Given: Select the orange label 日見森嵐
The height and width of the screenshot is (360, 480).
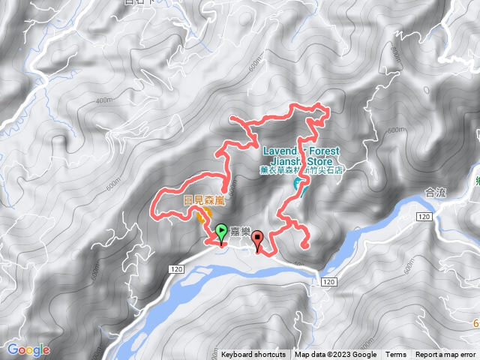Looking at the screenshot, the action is [204, 200].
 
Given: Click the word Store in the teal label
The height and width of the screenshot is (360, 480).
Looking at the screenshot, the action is [325, 160].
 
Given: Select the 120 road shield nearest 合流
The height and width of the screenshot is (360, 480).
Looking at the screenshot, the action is [424, 216].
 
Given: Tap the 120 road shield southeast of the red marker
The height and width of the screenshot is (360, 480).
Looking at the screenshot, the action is [328, 281].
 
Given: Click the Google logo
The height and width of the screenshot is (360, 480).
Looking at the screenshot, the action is [28, 349].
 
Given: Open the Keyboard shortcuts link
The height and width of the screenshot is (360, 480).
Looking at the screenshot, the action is [253, 355].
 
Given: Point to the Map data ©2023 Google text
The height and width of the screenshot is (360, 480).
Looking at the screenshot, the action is [335, 355].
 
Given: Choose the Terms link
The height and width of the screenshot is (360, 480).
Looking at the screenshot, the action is [395, 355].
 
